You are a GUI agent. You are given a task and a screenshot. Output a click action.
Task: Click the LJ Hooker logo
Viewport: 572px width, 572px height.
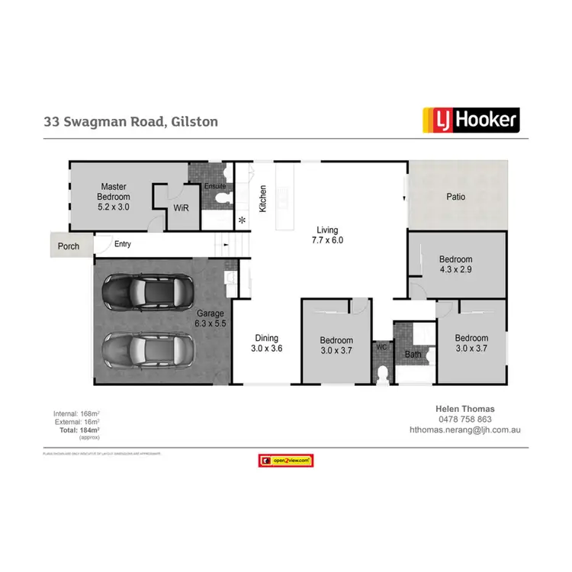pyautogui.click(x=471, y=120)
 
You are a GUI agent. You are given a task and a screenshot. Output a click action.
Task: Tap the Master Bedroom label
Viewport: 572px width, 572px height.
pyautogui.click(x=113, y=195)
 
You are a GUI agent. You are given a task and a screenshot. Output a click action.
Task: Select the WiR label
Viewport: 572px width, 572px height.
pyautogui.click(x=181, y=207)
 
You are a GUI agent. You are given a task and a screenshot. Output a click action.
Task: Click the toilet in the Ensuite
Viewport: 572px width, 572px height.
pyautogui.click(x=220, y=201)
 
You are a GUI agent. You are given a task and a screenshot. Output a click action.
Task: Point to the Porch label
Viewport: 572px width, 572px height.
pyautogui.click(x=69, y=246)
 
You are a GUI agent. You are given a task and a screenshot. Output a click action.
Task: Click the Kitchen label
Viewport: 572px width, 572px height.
pyautogui.click(x=262, y=198)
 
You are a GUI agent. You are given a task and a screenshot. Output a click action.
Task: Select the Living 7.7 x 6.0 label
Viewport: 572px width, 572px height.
pyautogui.click(x=328, y=234)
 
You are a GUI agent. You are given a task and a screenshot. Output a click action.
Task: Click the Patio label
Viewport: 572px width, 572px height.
pyautogui.click(x=455, y=197)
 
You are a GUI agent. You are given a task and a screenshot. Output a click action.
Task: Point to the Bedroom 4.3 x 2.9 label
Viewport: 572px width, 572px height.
pyautogui.click(x=456, y=264)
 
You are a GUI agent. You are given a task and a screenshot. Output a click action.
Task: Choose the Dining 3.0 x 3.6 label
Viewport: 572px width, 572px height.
pyautogui.click(x=267, y=343)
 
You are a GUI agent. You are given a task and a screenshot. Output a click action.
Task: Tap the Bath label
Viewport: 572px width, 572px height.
pyautogui.click(x=413, y=355)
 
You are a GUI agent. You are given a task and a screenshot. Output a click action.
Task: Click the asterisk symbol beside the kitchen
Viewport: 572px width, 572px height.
pyautogui.click(x=243, y=220)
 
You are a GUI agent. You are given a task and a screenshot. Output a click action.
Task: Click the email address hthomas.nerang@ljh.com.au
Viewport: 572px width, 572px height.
pyautogui.click(x=464, y=430)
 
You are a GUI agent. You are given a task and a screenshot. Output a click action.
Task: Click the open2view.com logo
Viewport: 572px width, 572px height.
pyautogui.click(x=287, y=461)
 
